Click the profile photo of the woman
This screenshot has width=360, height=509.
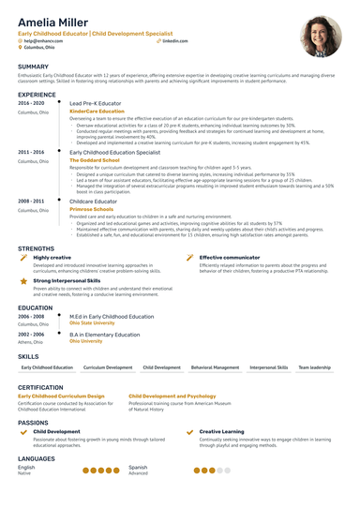pyautogui.click(x=320, y=37)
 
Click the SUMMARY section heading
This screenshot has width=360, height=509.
pyautogui.click(x=33, y=67)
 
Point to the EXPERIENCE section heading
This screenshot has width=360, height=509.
pyautogui.click(x=37, y=95)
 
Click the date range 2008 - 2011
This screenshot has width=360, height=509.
pyautogui.click(x=31, y=201)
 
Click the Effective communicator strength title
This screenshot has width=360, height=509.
pyautogui.click(x=231, y=257)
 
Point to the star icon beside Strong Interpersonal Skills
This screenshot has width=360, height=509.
pyautogui.click(x=23, y=280)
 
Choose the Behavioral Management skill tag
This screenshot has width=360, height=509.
pyautogui.click(x=216, y=368)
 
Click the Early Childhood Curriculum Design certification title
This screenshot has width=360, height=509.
pyautogui.click(x=62, y=397)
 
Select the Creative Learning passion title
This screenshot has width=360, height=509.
pyautogui.click(x=221, y=431)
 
